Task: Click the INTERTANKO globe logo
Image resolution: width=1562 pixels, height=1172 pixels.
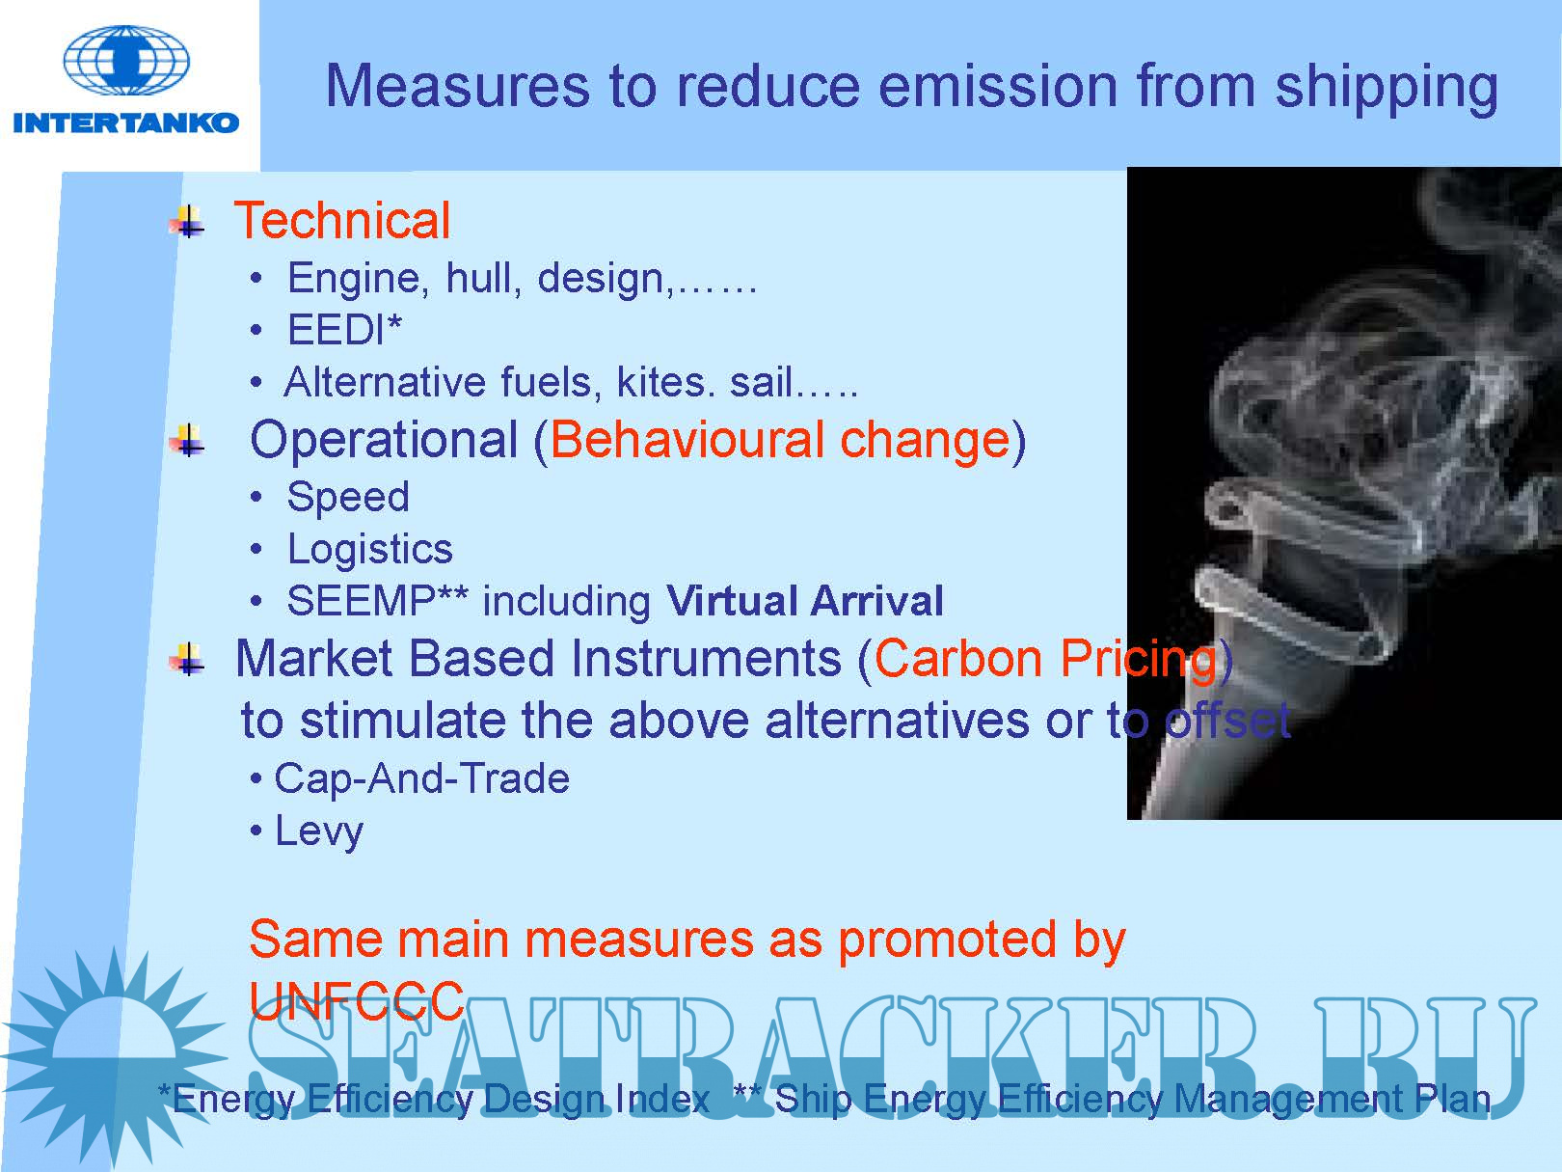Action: [126, 61]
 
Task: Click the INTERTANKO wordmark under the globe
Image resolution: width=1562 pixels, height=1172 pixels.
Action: [126, 123]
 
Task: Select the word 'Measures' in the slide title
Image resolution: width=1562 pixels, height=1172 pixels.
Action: [457, 86]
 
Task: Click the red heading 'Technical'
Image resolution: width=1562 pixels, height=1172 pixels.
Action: [342, 220]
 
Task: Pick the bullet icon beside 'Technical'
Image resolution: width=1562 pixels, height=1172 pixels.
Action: [187, 221]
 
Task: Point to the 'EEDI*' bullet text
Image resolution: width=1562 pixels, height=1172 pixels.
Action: [344, 329]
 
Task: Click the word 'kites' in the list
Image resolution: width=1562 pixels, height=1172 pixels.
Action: [665, 382]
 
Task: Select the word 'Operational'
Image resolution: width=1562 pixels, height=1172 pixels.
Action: [384, 439]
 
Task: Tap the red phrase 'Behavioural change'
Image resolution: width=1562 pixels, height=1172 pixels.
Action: [780, 439]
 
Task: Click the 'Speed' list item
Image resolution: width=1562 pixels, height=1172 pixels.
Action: [348, 497]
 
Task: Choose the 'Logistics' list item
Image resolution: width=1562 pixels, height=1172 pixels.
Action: [369, 550]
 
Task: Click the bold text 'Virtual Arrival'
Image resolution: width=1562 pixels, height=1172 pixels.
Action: [805, 601]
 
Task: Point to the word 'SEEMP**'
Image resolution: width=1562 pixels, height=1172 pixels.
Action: [377, 600]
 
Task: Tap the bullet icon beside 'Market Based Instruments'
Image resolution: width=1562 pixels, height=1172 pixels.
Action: [187, 659]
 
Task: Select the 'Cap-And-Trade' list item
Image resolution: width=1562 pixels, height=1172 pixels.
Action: [422, 777]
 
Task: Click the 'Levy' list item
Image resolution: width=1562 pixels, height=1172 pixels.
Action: [319, 831]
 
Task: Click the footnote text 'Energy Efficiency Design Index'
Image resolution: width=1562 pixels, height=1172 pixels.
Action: [441, 1100]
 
